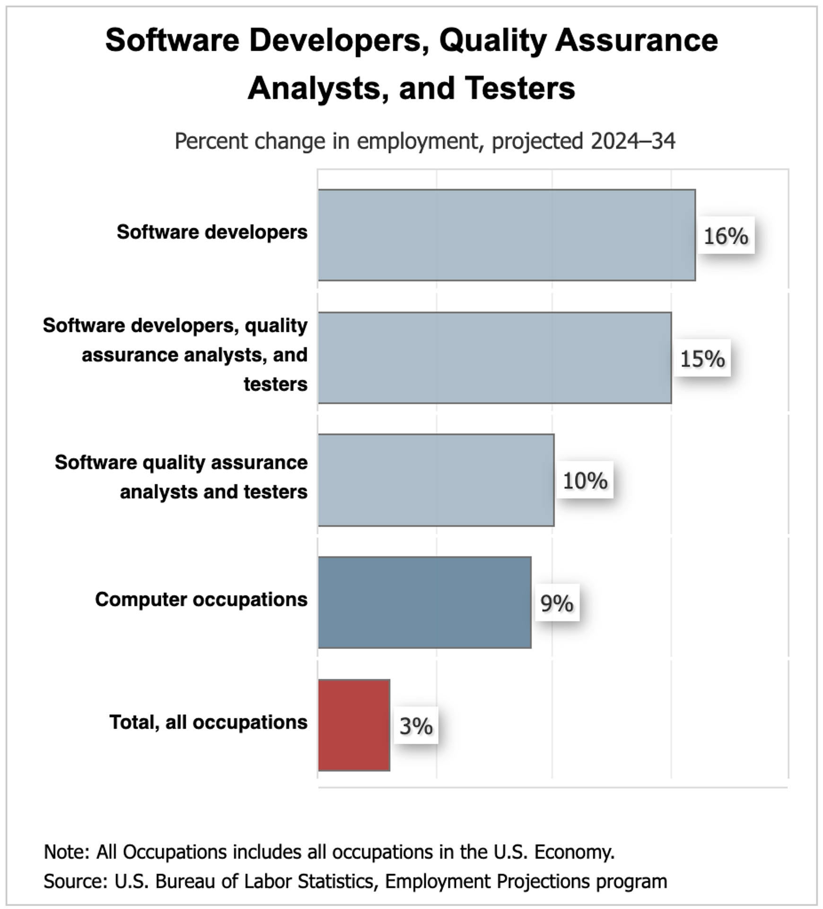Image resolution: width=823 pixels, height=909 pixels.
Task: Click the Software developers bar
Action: pos(506,235)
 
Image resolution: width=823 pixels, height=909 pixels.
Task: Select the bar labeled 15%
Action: pos(494,357)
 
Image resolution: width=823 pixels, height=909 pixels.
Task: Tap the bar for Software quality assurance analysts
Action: pos(436,480)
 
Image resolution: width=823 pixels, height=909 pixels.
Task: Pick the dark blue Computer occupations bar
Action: pos(424,602)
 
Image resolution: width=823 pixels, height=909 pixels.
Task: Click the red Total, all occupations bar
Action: pos(354,725)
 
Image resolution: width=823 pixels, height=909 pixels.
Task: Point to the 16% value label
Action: pos(726,236)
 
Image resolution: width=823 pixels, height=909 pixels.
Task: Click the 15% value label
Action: pos(702,358)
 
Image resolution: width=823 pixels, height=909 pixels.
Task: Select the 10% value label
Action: pos(585,481)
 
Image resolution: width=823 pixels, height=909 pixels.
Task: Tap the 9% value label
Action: pos(557,603)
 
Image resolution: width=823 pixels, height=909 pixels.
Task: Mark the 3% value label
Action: pos(416,726)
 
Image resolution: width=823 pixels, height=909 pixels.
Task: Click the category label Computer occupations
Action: pos(201,599)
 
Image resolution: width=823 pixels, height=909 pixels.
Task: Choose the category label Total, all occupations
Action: pos(208,722)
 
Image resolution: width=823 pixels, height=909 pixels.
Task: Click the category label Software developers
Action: pos(212,232)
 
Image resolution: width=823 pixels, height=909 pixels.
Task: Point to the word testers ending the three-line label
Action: pos(275,384)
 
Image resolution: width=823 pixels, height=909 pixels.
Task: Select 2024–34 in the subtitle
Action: pos(633,141)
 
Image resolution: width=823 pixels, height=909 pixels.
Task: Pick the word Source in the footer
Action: pos(75,881)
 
